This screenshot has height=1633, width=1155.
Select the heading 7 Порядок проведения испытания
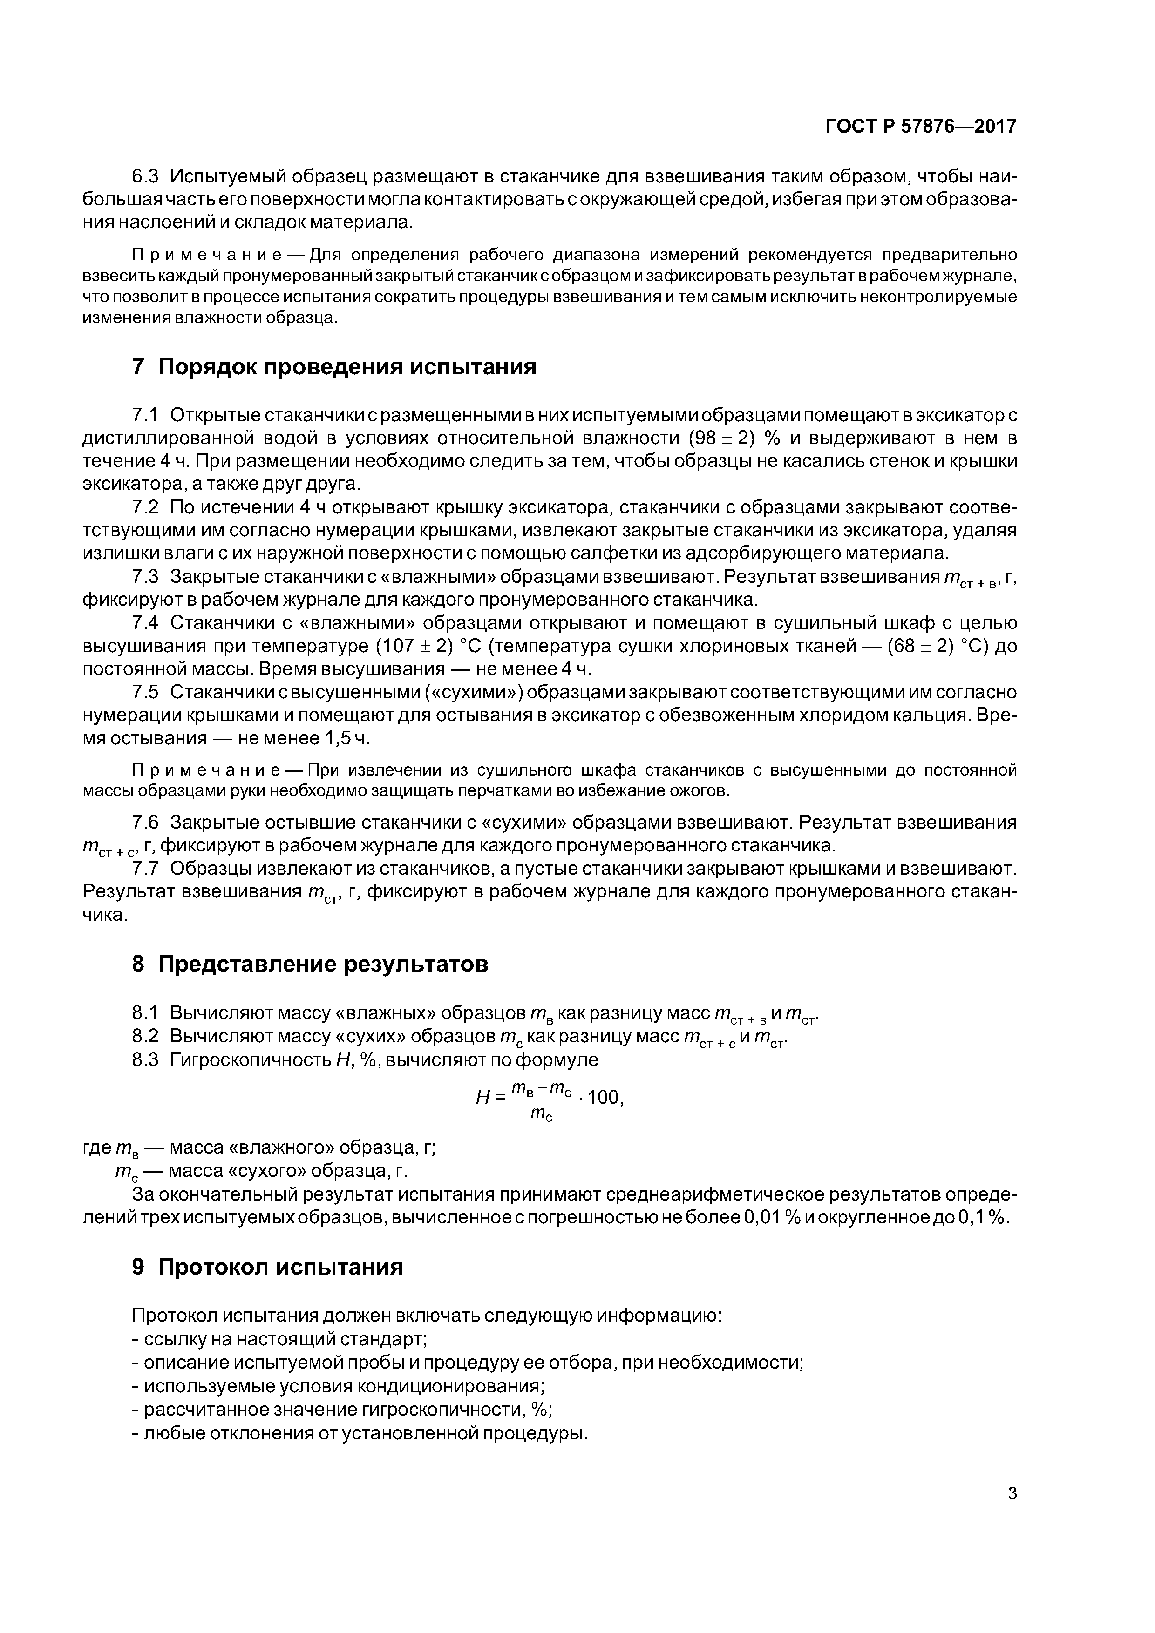(334, 367)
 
